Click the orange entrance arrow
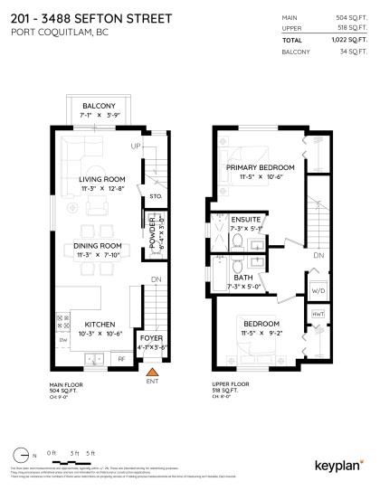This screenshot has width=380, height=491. coord(152,370)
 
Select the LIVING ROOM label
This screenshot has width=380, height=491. coord(101,179)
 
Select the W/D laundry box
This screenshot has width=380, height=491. coord(318,291)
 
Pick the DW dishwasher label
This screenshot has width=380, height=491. coord(62,340)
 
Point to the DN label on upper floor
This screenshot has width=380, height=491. coord(318,256)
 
